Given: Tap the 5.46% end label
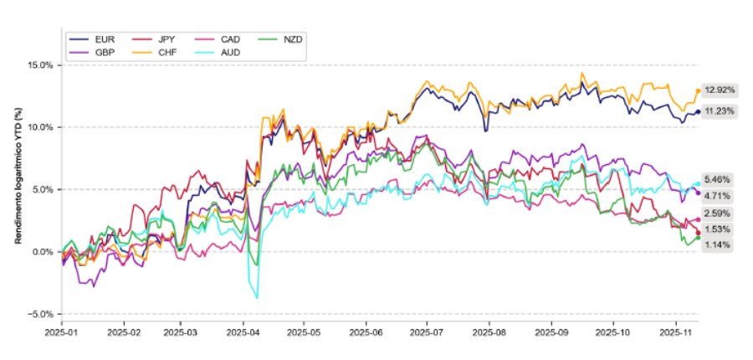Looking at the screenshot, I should coord(718,179).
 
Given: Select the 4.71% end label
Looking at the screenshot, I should coord(718,195).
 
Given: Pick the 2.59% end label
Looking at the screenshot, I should coord(718,213).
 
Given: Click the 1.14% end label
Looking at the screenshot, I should coord(718,244).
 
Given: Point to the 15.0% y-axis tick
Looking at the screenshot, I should coord(41,65).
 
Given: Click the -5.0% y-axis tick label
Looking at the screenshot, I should coord(41,314).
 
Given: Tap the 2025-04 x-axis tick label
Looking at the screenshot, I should coord(243,332).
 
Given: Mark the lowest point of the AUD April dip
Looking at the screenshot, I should coord(257,298).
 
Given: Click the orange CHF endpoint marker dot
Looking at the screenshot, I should coord(698,90).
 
